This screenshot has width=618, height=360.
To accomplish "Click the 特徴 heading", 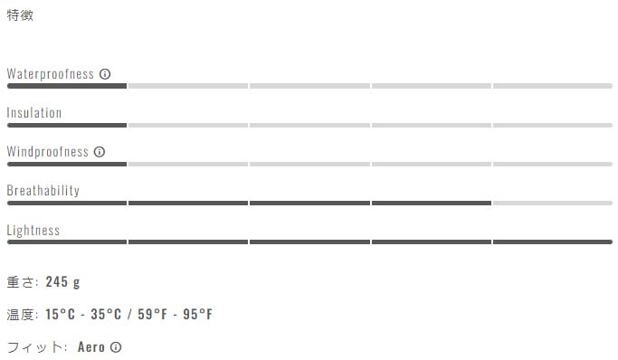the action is (x=20, y=15).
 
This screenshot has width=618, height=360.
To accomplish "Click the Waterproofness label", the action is (x=51, y=73).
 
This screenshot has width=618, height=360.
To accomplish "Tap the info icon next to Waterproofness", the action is (x=105, y=74).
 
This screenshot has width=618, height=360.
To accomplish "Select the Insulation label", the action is (x=34, y=113).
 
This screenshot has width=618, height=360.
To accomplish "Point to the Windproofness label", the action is (x=48, y=152).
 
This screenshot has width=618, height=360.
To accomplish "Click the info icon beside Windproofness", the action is (x=100, y=152).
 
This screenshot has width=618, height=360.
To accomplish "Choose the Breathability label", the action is (x=43, y=191).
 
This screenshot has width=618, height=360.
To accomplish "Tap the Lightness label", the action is (x=33, y=230).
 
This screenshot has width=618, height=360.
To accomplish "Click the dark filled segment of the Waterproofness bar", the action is (x=67, y=86).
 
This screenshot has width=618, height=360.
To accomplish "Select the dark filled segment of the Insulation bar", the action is (x=67, y=125).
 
